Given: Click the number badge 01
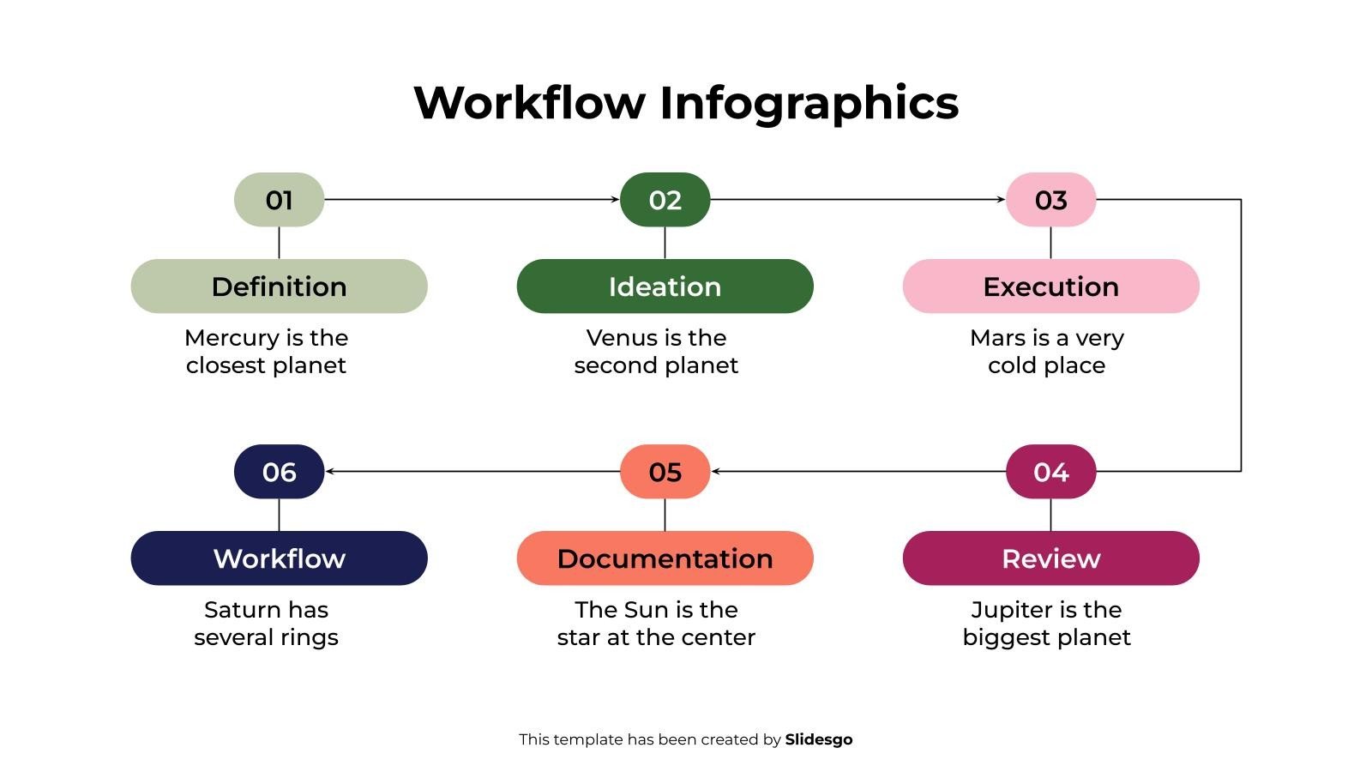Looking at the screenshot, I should [x=279, y=200].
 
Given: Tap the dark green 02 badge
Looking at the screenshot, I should [x=665, y=200].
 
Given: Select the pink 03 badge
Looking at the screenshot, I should [x=1050, y=200].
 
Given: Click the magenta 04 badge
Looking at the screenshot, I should [x=1050, y=472].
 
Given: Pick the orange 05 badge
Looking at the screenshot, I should [x=665, y=472].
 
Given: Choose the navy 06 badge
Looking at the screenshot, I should [x=279, y=472].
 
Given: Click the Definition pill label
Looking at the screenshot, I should [x=279, y=286].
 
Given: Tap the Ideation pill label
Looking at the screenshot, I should [x=665, y=286].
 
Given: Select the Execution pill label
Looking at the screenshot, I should [x=1050, y=286].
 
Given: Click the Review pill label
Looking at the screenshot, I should [x=1050, y=558].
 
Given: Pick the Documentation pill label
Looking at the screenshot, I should [x=665, y=558].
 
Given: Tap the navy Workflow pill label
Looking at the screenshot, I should [x=279, y=558].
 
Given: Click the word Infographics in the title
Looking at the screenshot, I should [x=809, y=103].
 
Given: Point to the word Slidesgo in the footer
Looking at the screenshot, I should [x=818, y=739].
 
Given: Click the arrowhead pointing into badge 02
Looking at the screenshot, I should [x=615, y=199].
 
